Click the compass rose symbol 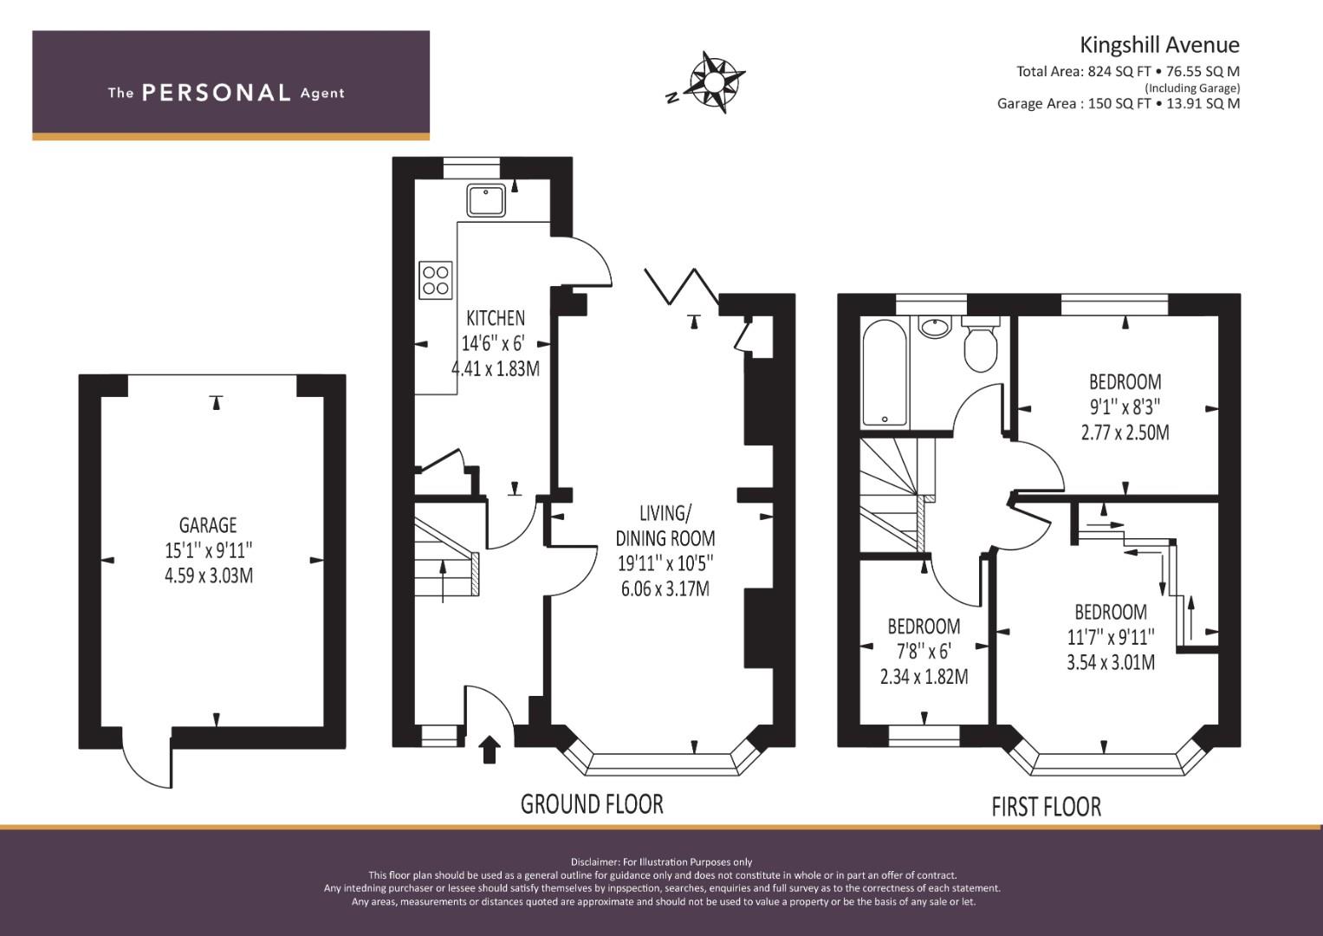click(x=713, y=82)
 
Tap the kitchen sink click(x=486, y=200)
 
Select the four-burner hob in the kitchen click(x=436, y=280)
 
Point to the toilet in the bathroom click(x=981, y=345)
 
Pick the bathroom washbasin click(x=935, y=327)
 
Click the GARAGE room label click(x=208, y=524)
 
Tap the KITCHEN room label click(x=496, y=318)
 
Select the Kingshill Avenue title click(x=1159, y=45)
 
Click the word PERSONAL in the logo click(x=217, y=93)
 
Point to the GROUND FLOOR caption click(x=592, y=804)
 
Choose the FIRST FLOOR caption click(x=1046, y=807)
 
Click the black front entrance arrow click(x=489, y=750)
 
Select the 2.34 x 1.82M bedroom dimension click(x=924, y=677)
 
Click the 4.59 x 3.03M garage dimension click(x=209, y=575)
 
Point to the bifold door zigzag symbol click(x=682, y=286)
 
